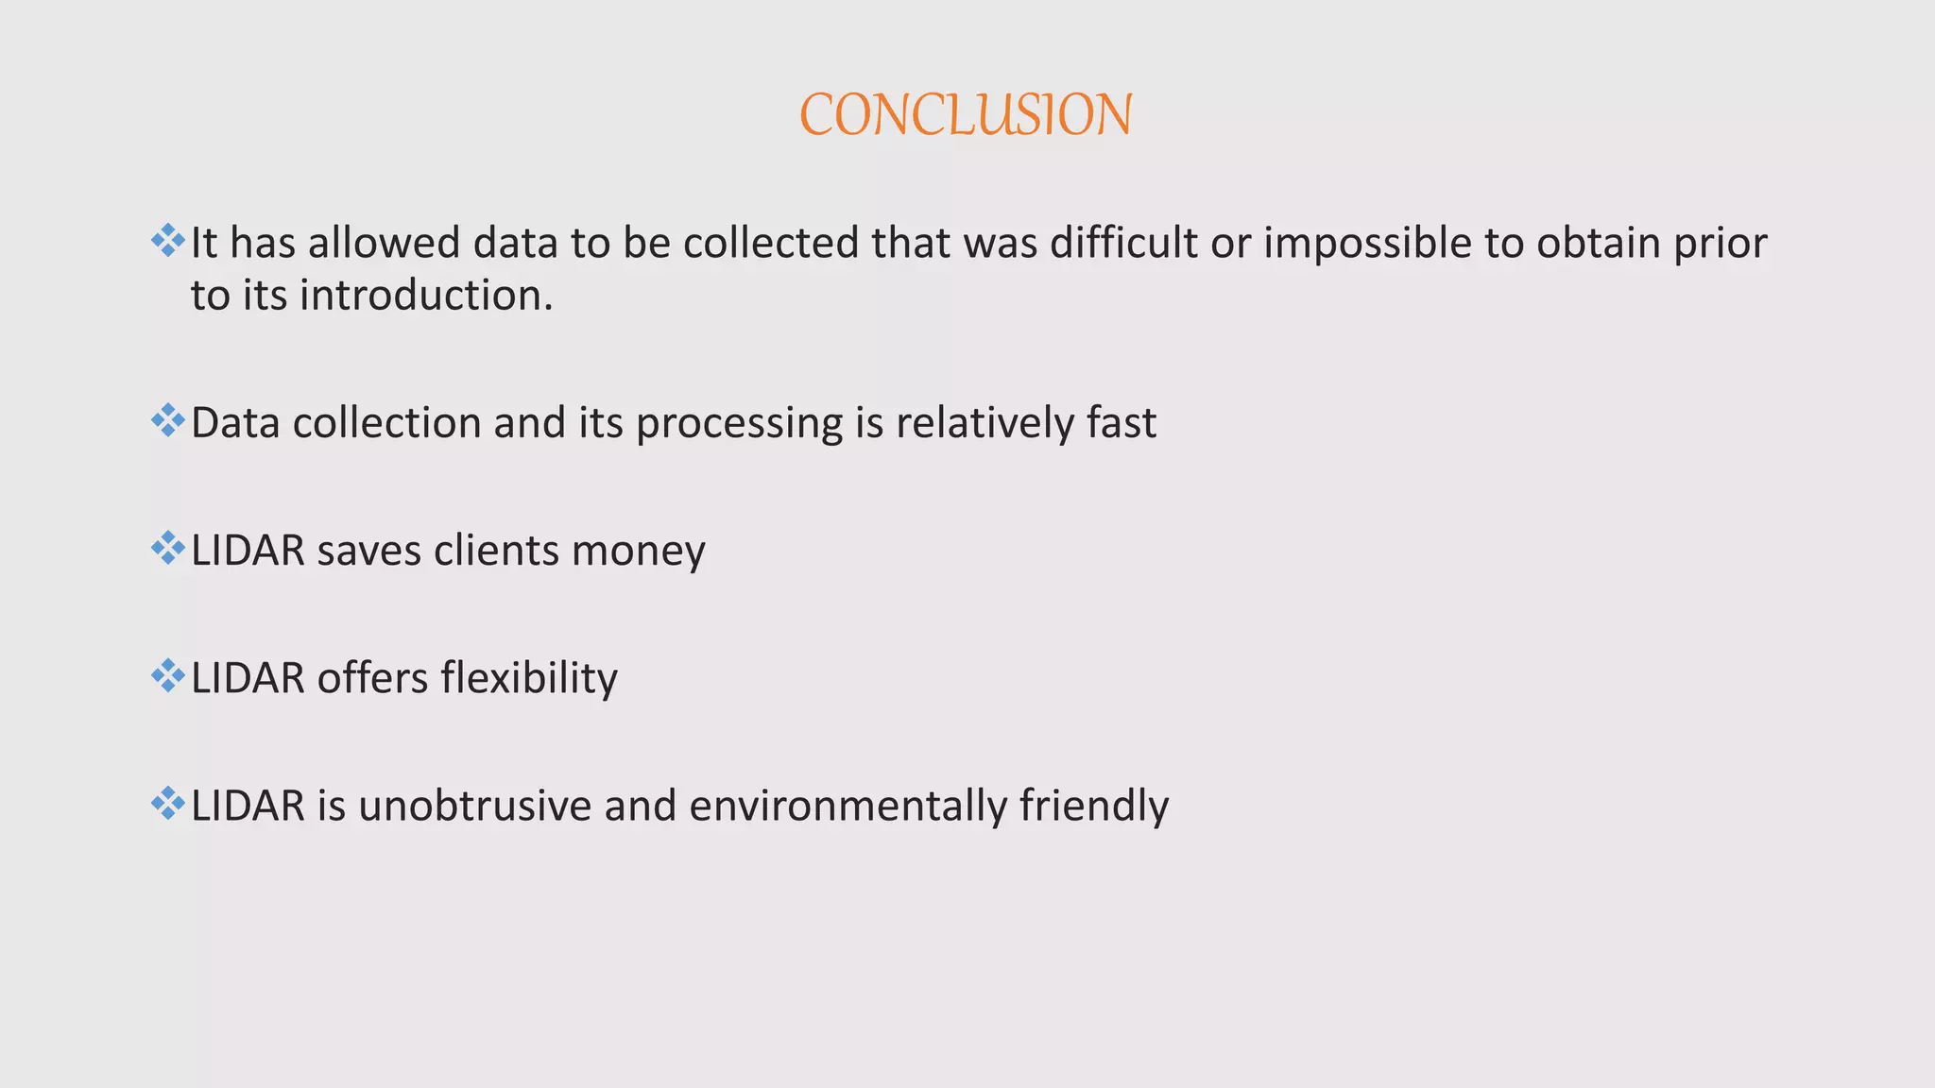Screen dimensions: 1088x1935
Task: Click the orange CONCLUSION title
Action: point(966,115)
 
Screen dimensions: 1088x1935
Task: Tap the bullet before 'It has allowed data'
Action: point(167,241)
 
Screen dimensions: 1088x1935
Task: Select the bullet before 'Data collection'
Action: point(167,420)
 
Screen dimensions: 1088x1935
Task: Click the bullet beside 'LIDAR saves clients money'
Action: point(167,549)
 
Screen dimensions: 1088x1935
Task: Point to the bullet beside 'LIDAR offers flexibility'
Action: point(167,676)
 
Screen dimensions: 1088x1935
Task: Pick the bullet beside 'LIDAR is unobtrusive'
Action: point(167,804)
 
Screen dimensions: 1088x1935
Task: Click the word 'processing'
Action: point(739,424)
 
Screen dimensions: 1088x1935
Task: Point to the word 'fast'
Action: point(1122,422)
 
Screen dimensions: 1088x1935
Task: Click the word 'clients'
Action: point(496,550)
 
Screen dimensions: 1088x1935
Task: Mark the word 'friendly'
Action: point(1094,806)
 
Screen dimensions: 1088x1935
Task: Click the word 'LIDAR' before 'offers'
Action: point(248,678)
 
